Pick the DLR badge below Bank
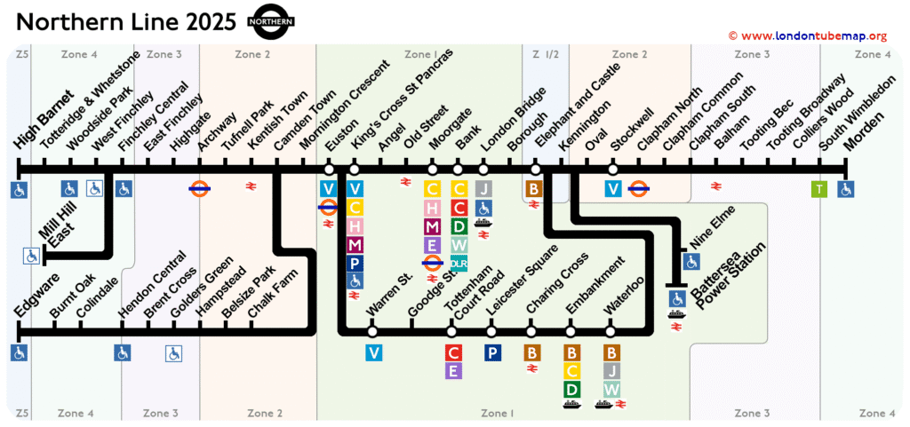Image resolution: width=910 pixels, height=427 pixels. point(459,263)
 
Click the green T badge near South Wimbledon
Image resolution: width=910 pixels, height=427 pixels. point(819,188)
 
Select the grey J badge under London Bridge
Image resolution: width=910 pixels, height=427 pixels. point(483,188)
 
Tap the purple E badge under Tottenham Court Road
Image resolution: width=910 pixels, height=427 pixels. point(453,371)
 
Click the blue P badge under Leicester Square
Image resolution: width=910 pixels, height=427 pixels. point(492,352)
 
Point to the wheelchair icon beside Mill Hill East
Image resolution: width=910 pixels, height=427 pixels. point(32,257)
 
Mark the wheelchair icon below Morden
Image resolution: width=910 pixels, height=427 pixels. point(846,188)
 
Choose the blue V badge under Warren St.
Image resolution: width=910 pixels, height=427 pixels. point(374,352)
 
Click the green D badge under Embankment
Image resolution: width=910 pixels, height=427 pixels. point(572,389)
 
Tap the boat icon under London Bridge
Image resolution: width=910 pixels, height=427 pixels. point(483,223)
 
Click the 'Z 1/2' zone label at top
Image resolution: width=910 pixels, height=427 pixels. point(545,55)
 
